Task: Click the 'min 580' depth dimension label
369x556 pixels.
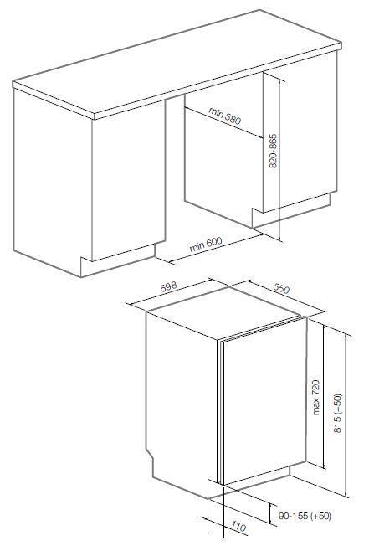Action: [225, 116]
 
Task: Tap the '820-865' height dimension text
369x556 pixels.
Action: [273, 151]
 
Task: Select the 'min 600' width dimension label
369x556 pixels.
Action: [206, 245]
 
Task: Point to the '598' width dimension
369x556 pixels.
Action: [168, 287]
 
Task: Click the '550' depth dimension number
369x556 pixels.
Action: [281, 288]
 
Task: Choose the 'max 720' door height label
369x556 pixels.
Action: [315, 397]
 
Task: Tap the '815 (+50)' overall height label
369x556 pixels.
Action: [338, 414]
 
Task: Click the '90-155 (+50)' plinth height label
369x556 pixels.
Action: [305, 516]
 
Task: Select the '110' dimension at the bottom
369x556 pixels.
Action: [239, 527]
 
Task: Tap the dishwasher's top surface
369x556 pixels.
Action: [223, 312]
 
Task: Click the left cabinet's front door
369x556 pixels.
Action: [128, 181]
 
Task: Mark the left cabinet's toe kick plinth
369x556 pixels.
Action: [118, 260]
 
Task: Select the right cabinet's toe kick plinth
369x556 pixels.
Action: [290, 210]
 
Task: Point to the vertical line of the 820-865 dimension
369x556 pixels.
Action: [279, 160]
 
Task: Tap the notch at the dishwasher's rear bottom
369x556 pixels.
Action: [150, 457]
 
